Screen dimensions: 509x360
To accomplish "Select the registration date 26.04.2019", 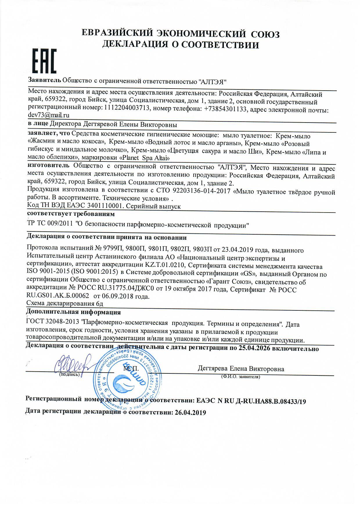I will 190,412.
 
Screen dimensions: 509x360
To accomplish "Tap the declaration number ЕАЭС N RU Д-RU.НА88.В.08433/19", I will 251,402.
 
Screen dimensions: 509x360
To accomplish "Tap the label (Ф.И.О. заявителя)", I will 240,377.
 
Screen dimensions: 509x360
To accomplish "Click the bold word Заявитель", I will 44,80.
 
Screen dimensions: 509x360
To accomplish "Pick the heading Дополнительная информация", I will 73,312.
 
